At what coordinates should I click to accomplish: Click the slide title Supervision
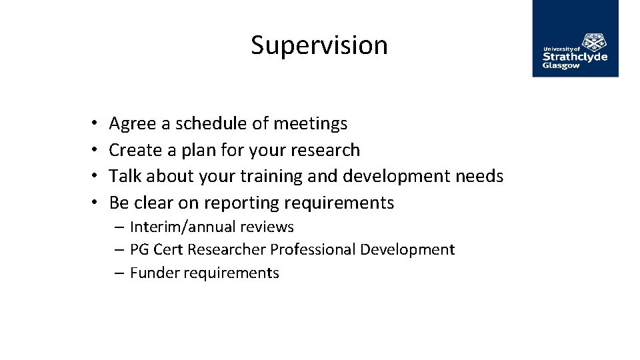pyautogui.click(x=319, y=45)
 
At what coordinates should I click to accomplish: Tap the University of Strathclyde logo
pyautogui.click(x=575, y=39)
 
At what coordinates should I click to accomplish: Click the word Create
pyautogui.click(x=135, y=150)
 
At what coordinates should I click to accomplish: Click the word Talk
pyautogui.click(x=125, y=176)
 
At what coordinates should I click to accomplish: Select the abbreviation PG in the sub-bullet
pyautogui.click(x=139, y=250)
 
